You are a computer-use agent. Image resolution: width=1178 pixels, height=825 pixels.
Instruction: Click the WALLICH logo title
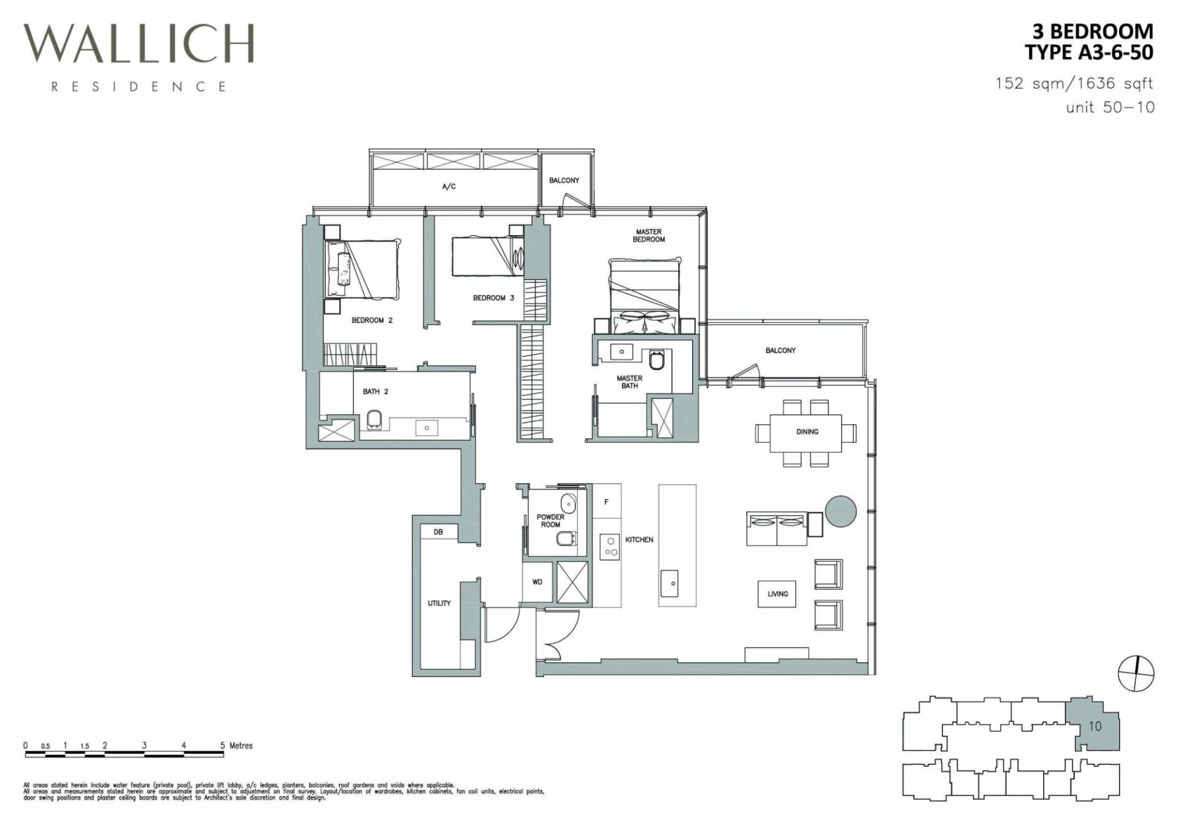pos(139,44)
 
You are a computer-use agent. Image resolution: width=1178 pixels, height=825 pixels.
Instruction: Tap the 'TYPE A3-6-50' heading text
pos(1089,52)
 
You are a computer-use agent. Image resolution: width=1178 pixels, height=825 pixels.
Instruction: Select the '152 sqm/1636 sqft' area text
pos(1074,83)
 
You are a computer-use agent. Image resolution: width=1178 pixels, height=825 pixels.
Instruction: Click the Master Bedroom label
pos(649,236)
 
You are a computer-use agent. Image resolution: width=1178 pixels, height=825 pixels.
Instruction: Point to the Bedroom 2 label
pos(372,320)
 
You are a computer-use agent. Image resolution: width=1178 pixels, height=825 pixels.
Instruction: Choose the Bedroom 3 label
pos(493,298)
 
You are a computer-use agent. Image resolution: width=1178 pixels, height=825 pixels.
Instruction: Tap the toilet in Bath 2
pos(374,420)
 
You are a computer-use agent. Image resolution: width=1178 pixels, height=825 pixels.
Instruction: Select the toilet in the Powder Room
pos(565,539)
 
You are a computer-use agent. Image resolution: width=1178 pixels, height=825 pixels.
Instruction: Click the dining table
pos(807,432)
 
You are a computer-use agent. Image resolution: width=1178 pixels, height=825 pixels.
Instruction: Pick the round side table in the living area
pos(840,511)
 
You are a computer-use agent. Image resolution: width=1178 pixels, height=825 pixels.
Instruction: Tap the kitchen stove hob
pos(609,546)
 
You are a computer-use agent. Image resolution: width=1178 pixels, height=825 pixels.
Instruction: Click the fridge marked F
pos(606,502)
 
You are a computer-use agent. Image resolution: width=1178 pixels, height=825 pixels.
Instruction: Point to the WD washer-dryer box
pos(538,582)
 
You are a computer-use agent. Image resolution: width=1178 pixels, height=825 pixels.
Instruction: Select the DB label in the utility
pos(438,532)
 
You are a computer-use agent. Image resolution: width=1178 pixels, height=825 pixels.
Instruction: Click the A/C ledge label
pos(449,186)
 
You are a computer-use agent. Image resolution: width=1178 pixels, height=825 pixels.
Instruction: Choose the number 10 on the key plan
pos(1095,726)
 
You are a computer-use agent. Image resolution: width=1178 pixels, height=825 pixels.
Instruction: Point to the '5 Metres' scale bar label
pos(237,745)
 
